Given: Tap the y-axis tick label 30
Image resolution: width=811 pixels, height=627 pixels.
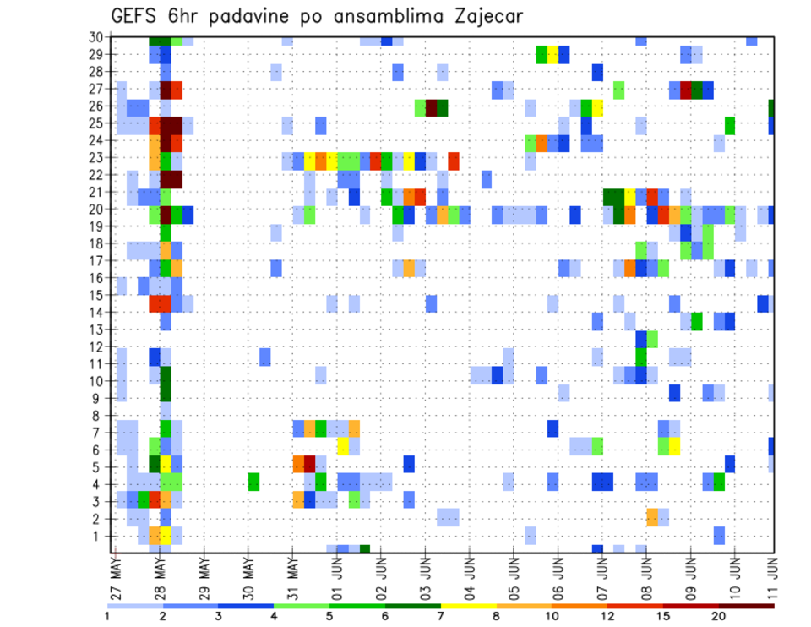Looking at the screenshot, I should [x=97, y=37].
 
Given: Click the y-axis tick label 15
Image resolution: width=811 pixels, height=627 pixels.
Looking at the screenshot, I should [x=97, y=295].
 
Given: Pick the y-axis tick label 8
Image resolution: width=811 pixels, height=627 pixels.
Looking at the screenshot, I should [x=101, y=416].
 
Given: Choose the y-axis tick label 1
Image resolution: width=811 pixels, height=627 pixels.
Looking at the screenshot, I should [x=101, y=536].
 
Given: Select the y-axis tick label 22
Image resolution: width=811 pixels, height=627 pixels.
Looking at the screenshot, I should [x=97, y=175].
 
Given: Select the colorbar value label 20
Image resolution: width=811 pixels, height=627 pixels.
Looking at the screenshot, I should [x=719, y=616].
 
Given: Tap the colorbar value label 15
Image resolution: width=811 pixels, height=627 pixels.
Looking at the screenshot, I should [x=663, y=616].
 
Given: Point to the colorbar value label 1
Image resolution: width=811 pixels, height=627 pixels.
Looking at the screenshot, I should [x=107, y=616].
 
